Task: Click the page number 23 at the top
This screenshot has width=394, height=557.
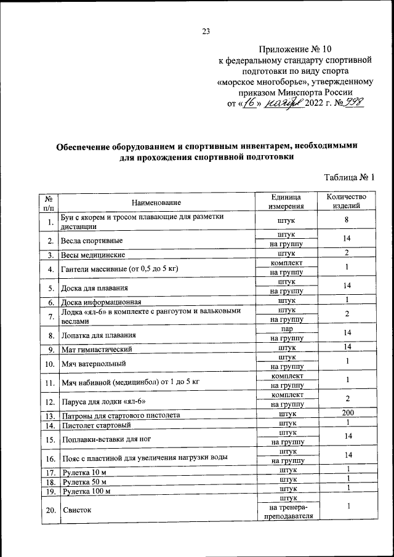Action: [x=206, y=33]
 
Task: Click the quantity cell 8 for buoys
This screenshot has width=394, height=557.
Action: [x=347, y=220]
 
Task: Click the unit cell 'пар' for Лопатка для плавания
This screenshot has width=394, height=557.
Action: [x=286, y=331]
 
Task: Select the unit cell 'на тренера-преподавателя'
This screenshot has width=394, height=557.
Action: [x=286, y=512]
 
